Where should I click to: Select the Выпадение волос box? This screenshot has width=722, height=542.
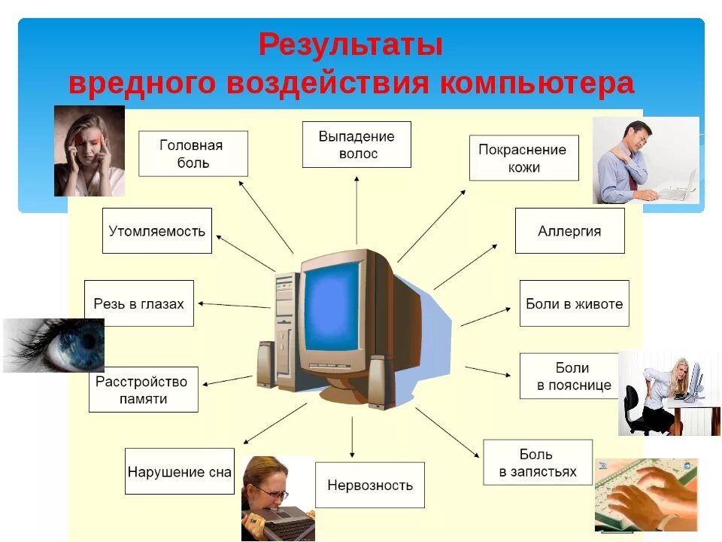coord(356,145)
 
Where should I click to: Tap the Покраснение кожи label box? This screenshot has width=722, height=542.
coord(523,158)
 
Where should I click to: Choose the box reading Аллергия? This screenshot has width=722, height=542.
coord(569,231)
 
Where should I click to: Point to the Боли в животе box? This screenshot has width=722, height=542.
coord(574,304)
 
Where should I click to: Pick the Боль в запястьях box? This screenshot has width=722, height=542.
coord(537,463)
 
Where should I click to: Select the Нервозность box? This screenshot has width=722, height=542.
coord(369,486)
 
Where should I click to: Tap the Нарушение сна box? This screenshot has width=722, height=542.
coord(179,472)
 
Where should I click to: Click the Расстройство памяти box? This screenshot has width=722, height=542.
coord(143,390)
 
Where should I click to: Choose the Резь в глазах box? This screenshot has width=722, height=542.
coord(138,304)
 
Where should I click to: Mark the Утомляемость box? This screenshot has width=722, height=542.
coord(156,231)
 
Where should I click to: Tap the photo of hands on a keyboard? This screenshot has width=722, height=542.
coord(646,495)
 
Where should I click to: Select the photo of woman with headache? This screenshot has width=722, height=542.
coord(89,151)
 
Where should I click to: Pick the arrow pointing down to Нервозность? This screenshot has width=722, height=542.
coord(352,437)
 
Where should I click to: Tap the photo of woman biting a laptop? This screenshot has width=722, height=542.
coord(277,498)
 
